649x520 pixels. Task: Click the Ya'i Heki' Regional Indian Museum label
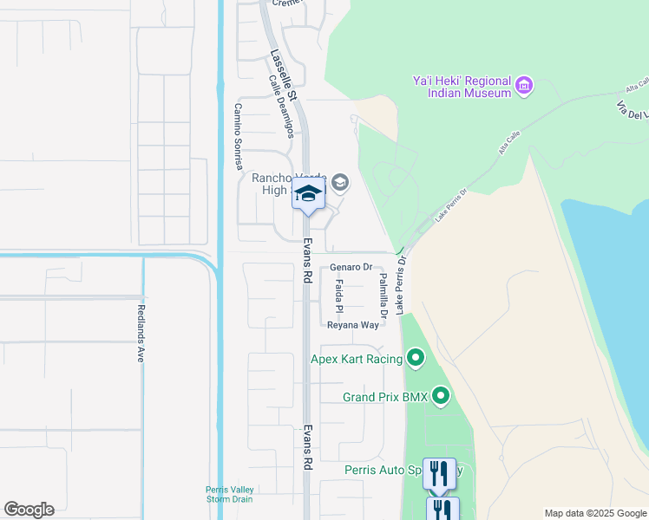point(460,87)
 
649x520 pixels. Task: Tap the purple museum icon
point(524,86)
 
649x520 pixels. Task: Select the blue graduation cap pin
point(308,195)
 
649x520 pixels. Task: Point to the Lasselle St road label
point(284,75)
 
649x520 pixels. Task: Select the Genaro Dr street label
point(351,268)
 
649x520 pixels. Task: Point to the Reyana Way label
point(353,325)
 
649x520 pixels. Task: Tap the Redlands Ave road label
point(140,333)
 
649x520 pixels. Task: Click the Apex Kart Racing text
point(357,358)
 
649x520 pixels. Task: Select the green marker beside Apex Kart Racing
point(416,357)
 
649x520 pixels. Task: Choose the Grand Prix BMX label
point(385,398)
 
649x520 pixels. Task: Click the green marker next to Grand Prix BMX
point(441,397)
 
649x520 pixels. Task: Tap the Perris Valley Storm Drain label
point(228,493)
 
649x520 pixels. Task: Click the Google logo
point(29,510)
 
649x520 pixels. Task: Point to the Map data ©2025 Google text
point(594,513)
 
